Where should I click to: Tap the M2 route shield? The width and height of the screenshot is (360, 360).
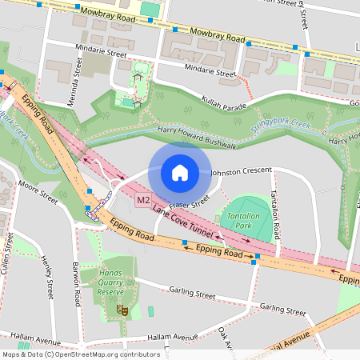[143, 200]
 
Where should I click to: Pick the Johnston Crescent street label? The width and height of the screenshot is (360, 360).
[241, 170]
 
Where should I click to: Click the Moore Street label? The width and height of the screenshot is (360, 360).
[39, 193]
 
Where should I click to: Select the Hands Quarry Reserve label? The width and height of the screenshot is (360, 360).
[110, 283]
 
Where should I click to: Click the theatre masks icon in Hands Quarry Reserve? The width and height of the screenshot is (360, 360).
[122, 309]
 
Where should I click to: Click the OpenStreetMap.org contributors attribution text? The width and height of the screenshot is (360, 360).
[104, 354]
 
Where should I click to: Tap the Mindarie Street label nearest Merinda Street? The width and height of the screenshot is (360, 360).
[98, 54]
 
